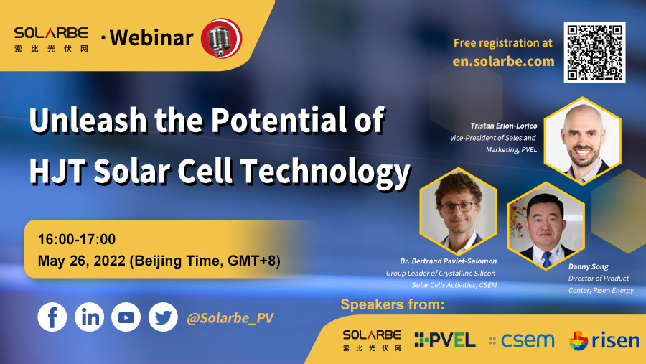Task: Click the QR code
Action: tap(594, 52)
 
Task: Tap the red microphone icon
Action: tap(222, 38)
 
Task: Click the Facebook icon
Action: tap(52, 317)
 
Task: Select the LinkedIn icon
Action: tap(90, 317)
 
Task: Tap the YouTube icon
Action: tap(126, 317)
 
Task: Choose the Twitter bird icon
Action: tap(163, 317)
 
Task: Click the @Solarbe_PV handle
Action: tap(230, 318)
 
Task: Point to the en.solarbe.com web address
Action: tap(503, 62)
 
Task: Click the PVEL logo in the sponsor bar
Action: tap(445, 340)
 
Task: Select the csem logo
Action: tap(522, 340)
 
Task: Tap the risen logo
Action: tap(604, 340)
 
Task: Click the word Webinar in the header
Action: tap(151, 37)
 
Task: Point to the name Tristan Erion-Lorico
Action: tap(504, 126)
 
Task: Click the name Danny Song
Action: tap(589, 266)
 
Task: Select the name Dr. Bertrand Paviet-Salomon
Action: tap(448, 261)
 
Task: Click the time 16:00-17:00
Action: tap(77, 239)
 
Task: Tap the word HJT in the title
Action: tap(58, 170)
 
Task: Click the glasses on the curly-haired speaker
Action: tap(459, 207)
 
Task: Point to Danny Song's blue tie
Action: tap(547, 259)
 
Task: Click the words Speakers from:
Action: tap(393, 304)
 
